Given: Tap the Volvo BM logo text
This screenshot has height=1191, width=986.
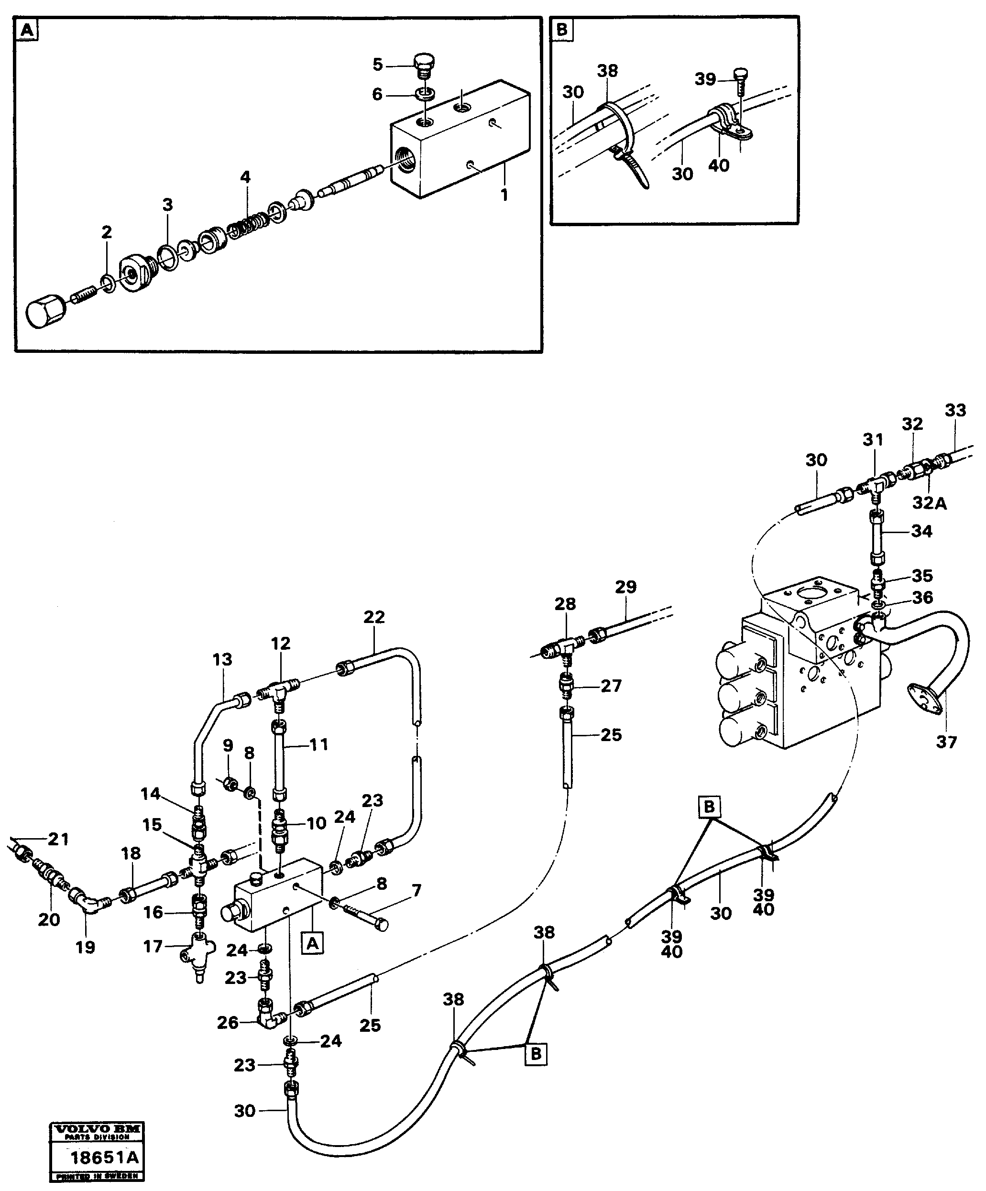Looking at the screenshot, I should [x=98, y=1129].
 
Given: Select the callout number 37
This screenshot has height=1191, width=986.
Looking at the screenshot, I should [x=946, y=743].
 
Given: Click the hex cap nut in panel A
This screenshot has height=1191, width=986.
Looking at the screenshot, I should [x=46, y=314].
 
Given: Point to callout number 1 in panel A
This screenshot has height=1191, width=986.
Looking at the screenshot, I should [x=504, y=195].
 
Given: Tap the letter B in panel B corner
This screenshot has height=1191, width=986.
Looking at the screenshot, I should [x=562, y=30].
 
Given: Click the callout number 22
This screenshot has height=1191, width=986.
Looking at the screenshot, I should [x=374, y=617].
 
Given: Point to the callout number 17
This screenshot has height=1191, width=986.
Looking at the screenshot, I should [x=153, y=947].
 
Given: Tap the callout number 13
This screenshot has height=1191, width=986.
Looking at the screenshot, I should [x=222, y=660].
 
